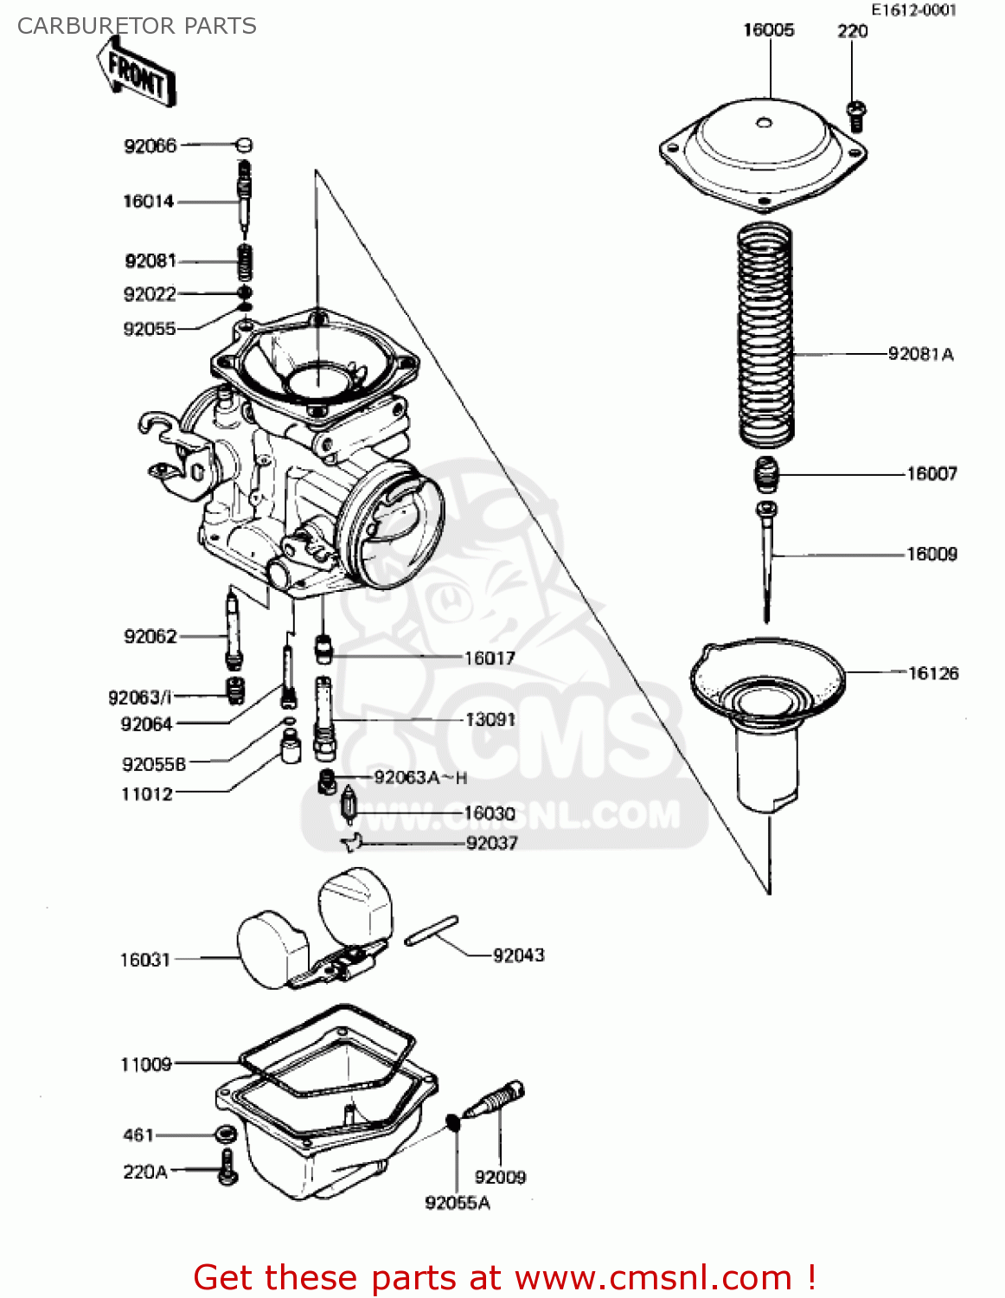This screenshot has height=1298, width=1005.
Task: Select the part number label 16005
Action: tap(768, 30)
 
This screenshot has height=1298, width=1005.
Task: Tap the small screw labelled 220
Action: tap(855, 114)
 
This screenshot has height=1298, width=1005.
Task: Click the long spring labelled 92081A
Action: tap(765, 333)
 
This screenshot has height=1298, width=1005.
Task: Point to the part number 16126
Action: tap(933, 673)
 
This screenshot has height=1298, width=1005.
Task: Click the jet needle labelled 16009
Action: tap(766, 554)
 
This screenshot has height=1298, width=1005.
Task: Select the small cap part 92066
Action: tap(244, 145)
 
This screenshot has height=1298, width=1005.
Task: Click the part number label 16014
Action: tap(148, 202)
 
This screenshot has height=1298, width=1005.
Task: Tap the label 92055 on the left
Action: tap(149, 329)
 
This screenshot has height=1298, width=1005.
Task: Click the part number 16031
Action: tap(144, 960)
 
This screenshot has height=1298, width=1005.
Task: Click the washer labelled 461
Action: tap(227, 1134)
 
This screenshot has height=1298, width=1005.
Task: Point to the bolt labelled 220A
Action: tap(227, 1168)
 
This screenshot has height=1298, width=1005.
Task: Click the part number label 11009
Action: tap(145, 1064)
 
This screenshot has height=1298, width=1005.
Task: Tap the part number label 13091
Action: tap(490, 720)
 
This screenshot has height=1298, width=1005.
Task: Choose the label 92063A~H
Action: tap(420, 778)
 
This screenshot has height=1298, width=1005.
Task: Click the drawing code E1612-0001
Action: tap(913, 10)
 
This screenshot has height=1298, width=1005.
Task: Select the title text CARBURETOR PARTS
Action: tap(137, 26)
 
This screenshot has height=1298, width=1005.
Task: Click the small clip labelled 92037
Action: tap(352, 841)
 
